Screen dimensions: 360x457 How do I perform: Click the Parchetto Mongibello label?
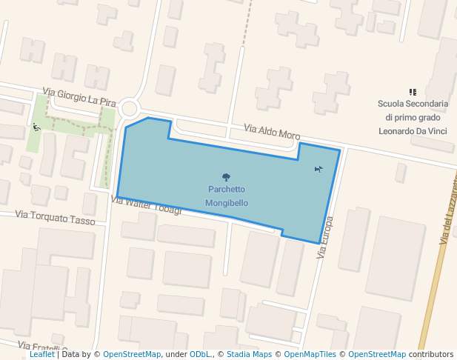[x=227, y=196]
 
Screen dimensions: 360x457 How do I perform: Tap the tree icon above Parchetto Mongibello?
[x=226, y=177]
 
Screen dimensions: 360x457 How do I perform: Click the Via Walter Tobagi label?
[x=146, y=204]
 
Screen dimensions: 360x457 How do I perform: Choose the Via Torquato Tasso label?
[x=56, y=218]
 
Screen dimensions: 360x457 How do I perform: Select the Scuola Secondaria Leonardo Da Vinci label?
[x=413, y=117]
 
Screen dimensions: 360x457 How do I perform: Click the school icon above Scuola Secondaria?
[x=413, y=93]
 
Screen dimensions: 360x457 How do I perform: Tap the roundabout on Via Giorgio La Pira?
[x=130, y=108]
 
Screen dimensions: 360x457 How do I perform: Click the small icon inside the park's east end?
[x=318, y=169]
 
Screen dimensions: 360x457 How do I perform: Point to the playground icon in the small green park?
[x=36, y=127]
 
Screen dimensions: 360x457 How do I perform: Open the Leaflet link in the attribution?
[x=41, y=354]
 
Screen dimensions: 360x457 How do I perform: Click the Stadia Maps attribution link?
[x=249, y=354]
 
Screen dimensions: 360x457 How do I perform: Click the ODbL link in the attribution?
[x=200, y=354]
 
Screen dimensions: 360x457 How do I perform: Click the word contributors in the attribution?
[x=431, y=354]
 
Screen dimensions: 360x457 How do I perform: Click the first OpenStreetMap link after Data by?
[x=132, y=354]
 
